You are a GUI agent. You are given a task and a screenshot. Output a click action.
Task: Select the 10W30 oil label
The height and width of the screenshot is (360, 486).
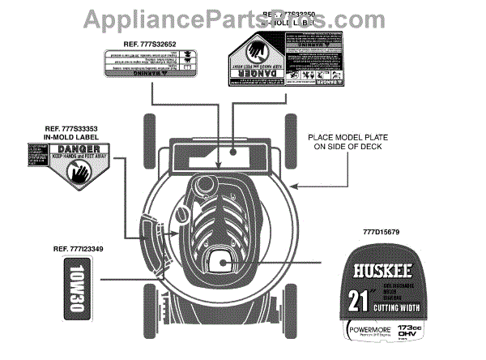click(75, 291)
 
